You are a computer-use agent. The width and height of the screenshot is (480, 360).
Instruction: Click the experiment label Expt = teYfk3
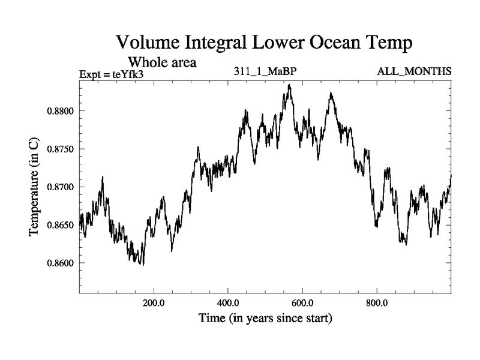pos(112,74)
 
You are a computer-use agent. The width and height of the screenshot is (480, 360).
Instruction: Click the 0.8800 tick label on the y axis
pos(59,111)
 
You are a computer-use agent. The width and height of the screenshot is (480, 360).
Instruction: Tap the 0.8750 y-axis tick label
pos(59,149)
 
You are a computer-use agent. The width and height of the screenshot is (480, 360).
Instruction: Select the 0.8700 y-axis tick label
pos(59,187)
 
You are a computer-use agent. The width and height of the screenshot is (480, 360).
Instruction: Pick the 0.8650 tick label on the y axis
pos(59,225)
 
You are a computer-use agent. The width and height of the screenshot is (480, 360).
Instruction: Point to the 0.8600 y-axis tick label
pos(59,263)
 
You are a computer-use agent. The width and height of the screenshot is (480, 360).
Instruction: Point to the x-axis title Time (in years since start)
pos(265,318)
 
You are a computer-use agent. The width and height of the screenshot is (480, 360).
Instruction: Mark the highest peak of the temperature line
pos(289,85)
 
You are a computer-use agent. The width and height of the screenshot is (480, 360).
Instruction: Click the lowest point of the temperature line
pos(143,265)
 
